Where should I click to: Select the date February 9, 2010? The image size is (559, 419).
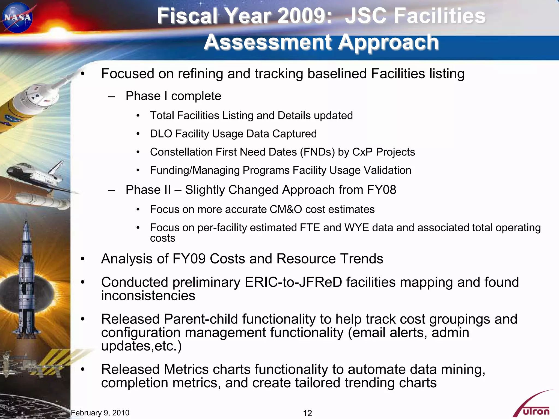(100, 413)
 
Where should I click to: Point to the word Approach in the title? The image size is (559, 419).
(388, 42)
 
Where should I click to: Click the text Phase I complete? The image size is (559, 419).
(173, 96)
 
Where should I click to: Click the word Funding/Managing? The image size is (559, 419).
(195, 170)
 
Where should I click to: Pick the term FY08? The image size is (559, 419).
(381, 190)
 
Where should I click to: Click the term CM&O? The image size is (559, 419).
(286, 209)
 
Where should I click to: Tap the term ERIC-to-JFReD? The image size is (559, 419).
(293, 282)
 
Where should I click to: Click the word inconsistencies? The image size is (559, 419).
(148, 296)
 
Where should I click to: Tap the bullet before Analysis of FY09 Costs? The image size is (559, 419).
(83, 259)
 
